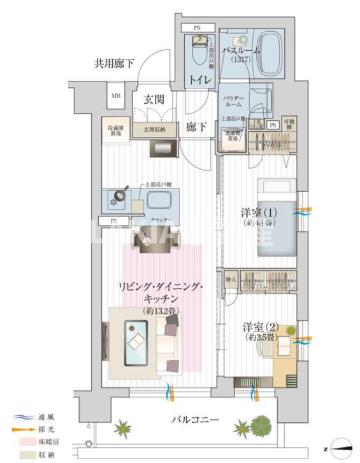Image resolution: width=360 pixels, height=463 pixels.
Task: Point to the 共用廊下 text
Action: (x=114, y=63)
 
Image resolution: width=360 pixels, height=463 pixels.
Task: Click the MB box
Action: (x=117, y=96)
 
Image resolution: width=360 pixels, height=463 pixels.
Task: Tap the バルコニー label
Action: (x=196, y=420)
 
